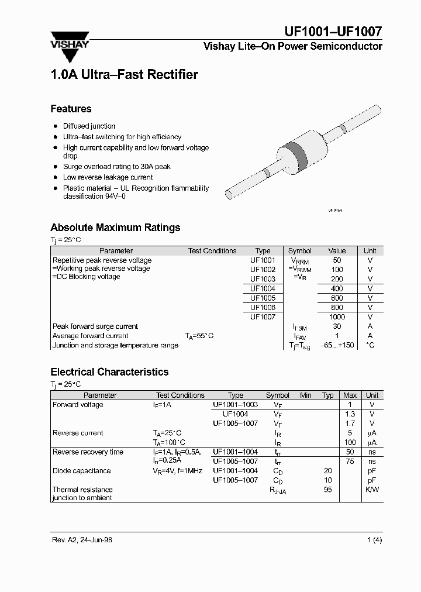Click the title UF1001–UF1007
[x=333, y=32]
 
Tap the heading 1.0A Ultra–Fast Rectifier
[x=124, y=75]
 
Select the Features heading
[x=71, y=109]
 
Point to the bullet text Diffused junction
[x=89, y=126]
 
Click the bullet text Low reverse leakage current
[x=108, y=177]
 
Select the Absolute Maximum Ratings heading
[x=115, y=228]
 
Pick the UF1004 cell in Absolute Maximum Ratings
[x=263, y=288]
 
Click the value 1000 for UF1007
[x=337, y=316]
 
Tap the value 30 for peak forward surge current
[x=337, y=326]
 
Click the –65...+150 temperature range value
[x=337, y=345]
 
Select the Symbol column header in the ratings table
[x=300, y=250]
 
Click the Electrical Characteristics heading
[x=109, y=372]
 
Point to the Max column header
[x=350, y=395]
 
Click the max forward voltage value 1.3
[x=350, y=414]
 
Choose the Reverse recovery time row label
[x=88, y=452]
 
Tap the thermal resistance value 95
[x=327, y=490]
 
